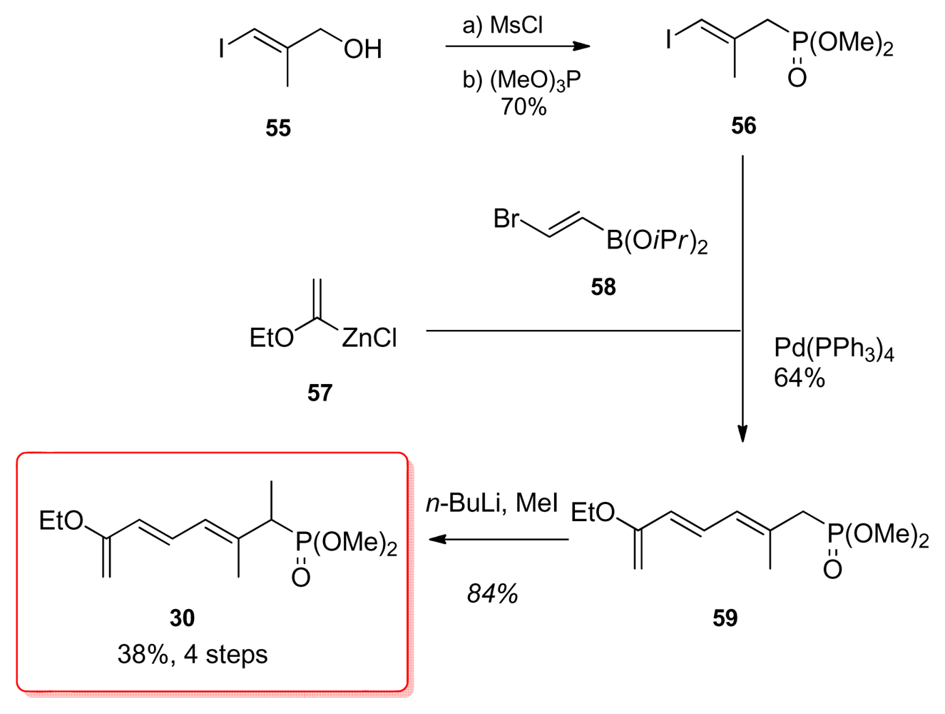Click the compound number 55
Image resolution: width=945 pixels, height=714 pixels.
[278, 129]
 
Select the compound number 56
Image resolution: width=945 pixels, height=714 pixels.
[743, 126]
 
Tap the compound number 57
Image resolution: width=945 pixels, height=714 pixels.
[320, 393]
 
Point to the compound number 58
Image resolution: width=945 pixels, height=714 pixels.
[603, 287]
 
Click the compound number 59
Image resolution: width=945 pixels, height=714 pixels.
[725, 618]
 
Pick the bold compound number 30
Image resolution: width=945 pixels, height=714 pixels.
[182, 618]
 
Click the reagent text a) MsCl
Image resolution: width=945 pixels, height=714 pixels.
[503, 26]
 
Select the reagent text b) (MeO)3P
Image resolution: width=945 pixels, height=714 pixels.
[522, 80]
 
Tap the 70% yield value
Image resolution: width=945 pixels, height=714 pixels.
[523, 107]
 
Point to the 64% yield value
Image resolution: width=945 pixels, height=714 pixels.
[799, 378]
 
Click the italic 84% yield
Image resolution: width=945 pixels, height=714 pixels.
[492, 593]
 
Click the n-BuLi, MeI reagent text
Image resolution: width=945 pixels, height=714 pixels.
[492, 504]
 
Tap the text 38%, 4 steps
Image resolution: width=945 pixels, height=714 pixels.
[193, 654]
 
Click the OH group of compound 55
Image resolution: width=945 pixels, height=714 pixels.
[362, 49]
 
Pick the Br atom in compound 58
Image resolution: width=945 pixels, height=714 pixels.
[506, 218]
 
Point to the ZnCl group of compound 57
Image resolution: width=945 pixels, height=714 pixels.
[369, 338]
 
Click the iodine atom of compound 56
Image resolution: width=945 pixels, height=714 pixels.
[668, 39]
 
